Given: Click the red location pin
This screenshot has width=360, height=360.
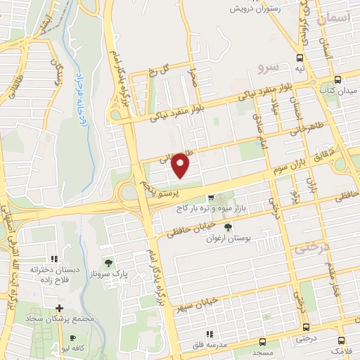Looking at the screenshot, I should coord(182,165).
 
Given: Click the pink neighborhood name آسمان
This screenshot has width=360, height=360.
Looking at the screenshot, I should coord(333,20).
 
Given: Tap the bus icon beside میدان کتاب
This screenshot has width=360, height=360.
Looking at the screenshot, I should coord(338,79).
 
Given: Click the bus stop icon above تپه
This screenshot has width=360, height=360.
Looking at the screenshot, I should coord(300,58).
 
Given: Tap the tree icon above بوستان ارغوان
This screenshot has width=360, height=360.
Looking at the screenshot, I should coord(227,227).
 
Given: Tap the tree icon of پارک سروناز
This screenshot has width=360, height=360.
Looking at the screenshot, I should coord(108,262).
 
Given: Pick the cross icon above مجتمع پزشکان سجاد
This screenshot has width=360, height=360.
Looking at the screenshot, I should coord(60,308).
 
